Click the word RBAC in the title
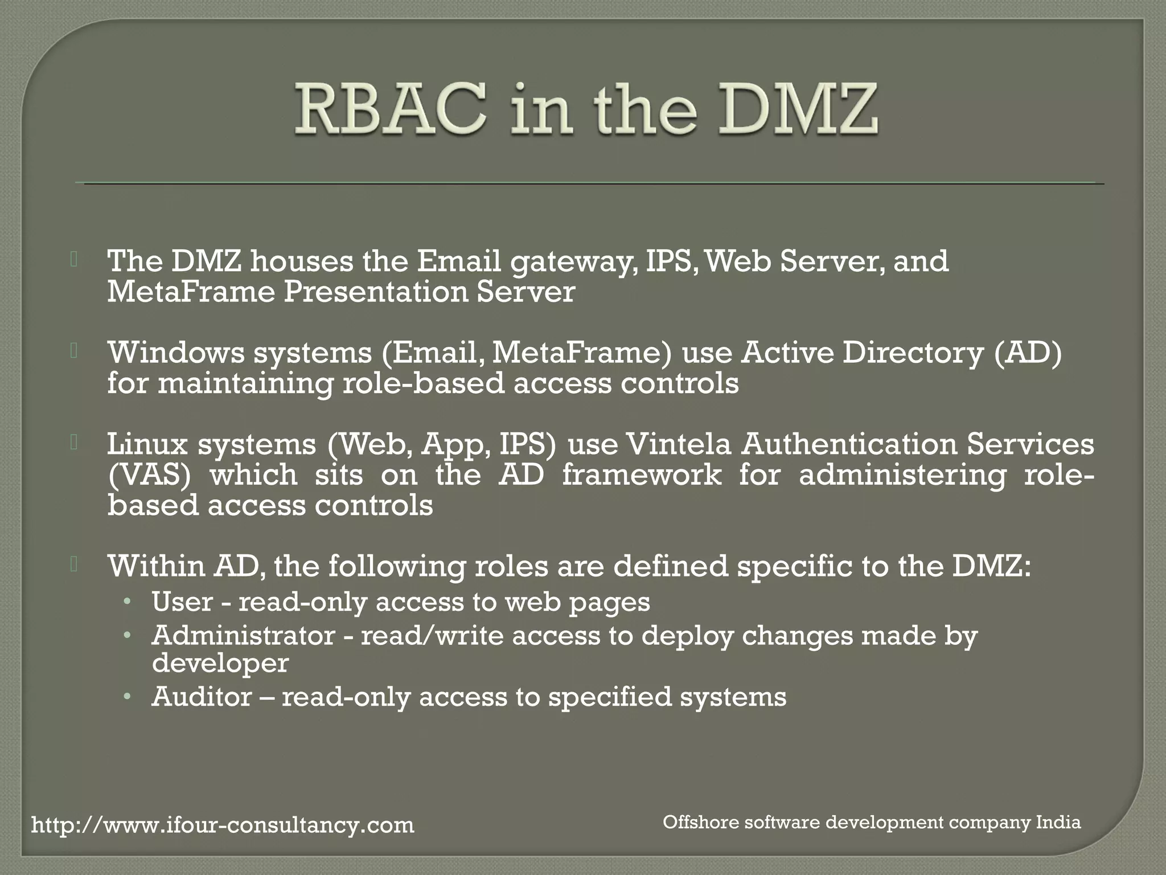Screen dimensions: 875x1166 [x=391, y=109]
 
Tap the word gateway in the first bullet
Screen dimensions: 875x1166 [x=573, y=261]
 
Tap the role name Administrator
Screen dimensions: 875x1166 [x=243, y=636]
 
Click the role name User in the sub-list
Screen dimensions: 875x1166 [x=182, y=602]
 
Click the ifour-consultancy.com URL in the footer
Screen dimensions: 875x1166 [x=223, y=825]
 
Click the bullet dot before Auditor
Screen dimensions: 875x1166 [x=129, y=697]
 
